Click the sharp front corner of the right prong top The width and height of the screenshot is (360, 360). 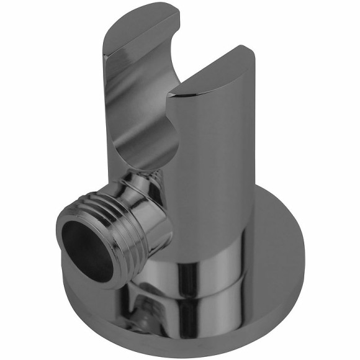click(174, 96)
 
